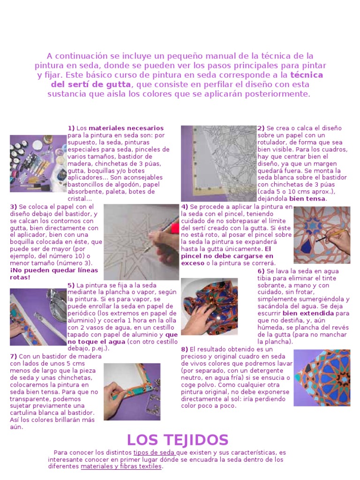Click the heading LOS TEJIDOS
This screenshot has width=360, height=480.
tap(178, 440)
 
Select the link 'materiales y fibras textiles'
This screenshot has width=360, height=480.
tap(121, 466)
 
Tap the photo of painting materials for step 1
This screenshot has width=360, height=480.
tap(38, 164)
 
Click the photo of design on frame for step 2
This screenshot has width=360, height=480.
tap(218, 164)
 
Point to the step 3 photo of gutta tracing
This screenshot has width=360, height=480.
tap(142, 242)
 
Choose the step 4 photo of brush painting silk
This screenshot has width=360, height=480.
tap(322, 235)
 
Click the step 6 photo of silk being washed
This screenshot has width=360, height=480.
tap(210, 307)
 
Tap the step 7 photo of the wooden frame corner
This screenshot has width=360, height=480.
tap(132, 392)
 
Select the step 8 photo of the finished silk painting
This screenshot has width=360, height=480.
tap(322, 378)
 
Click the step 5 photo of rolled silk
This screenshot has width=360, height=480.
tap(38, 317)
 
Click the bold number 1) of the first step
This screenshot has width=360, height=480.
tap(71, 128)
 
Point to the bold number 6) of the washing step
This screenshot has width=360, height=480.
tap(261, 271)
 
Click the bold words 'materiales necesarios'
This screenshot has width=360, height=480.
tap(126, 128)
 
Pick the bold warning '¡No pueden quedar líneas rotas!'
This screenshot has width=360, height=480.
tap(54, 274)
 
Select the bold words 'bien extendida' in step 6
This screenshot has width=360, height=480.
tap(308, 313)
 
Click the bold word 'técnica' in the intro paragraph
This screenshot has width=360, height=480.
tap(307, 75)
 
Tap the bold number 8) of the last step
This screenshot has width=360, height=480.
tap(184, 349)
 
